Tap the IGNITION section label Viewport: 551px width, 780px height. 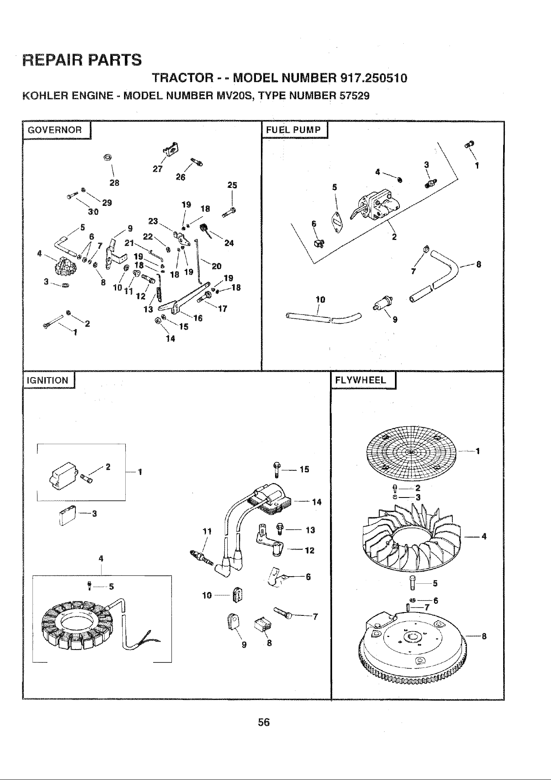tap(47, 380)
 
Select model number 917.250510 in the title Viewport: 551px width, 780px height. tap(373, 78)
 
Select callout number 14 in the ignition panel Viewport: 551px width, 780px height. tap(316, 502)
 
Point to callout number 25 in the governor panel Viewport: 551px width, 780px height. tap(232, 185)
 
